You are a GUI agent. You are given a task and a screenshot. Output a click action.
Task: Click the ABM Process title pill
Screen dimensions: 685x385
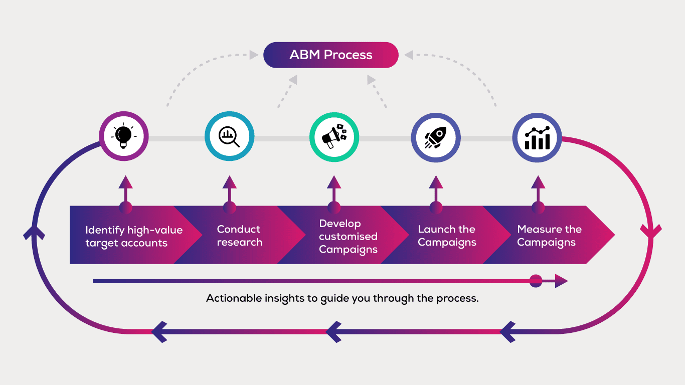330,55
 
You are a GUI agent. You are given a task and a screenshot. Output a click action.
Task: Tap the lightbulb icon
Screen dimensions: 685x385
123,136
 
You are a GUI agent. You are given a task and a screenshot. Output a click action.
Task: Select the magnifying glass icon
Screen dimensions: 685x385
229,137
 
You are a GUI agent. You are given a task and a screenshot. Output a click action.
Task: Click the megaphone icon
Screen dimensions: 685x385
334,136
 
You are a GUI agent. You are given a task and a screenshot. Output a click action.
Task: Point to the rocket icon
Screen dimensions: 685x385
435,137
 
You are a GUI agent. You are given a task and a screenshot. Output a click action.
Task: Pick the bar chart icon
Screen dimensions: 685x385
537,138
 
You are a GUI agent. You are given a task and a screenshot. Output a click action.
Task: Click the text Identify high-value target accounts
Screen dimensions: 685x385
134,237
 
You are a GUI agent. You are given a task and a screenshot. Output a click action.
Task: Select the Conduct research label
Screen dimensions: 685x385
239,236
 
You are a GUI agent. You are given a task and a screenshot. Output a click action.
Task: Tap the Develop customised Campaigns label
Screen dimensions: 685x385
348,237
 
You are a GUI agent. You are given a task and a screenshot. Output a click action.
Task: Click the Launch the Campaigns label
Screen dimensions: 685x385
447,236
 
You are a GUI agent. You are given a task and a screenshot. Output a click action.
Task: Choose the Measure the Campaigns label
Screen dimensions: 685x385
549,236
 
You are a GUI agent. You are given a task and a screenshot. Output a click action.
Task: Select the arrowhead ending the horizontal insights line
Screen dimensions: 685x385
561,281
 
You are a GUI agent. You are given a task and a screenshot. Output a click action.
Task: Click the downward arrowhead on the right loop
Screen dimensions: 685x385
651,231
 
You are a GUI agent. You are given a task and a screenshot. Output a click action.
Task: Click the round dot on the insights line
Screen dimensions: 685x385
536,281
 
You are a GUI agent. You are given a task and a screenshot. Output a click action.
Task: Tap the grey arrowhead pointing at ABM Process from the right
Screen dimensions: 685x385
409,55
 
